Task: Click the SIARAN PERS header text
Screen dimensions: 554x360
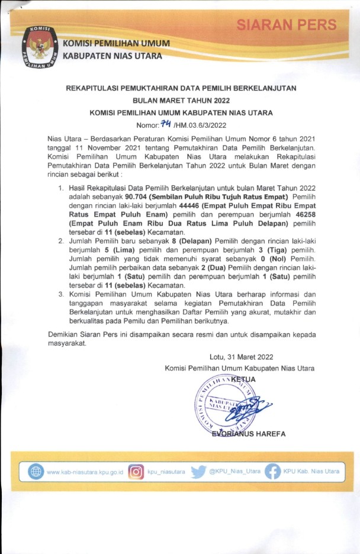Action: point(287,25)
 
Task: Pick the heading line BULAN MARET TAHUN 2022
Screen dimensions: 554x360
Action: point(181,100)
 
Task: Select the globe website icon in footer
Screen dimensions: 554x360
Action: point(36,472)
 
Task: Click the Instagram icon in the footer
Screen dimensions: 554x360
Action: point(136,472)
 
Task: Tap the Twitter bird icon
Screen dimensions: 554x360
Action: point(198,472)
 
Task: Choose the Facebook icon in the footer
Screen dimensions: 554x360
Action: point(272,472)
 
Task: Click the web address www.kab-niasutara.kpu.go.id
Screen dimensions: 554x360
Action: point(84,472)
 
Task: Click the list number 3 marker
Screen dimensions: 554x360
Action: point(62,294)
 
